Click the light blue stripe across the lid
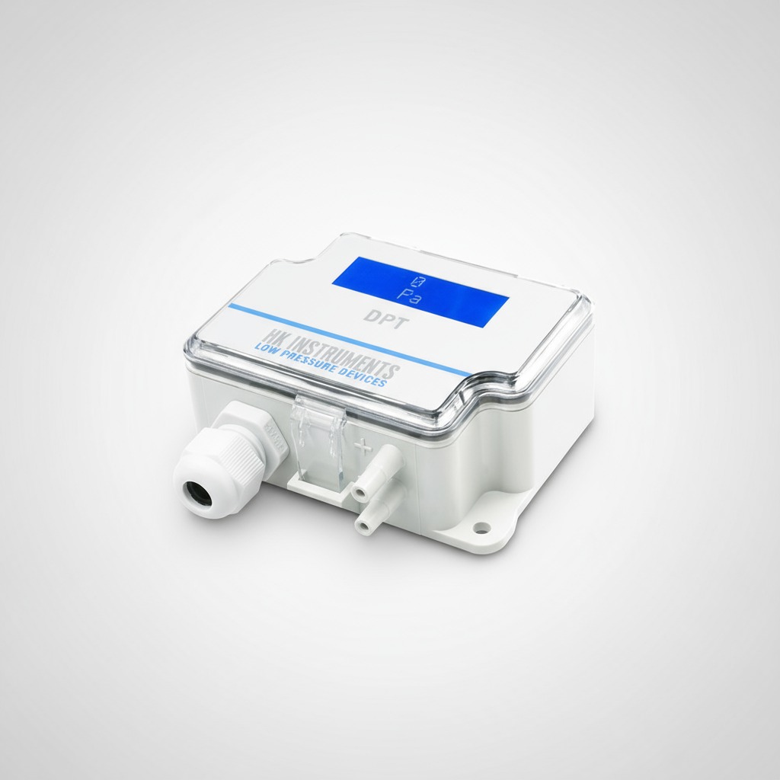(x=350, y=339)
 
